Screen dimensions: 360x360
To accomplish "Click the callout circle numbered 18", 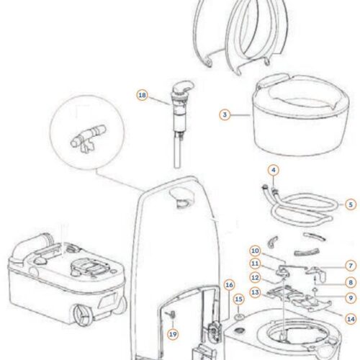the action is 142,95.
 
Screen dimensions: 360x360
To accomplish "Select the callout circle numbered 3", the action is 225,114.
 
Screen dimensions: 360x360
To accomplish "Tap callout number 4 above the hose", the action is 274,170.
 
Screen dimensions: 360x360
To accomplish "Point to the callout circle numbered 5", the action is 351,204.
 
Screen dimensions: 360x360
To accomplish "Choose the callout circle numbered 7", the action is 351,266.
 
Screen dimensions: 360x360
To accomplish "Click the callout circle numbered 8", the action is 351,282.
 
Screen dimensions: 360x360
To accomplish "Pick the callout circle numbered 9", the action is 351,298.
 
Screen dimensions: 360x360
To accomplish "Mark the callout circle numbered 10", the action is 255,251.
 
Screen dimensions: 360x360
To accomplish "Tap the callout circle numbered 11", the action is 255,264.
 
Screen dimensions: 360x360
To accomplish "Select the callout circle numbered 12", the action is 255,278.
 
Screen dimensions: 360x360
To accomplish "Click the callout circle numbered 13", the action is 255,292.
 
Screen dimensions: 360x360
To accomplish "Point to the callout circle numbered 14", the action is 351,319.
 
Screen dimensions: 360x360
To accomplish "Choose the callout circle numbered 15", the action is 238,299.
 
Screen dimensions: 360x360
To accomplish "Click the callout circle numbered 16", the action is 229,285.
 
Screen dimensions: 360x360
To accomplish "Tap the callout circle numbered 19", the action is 173,334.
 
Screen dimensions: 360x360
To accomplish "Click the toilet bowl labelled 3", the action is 301,114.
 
